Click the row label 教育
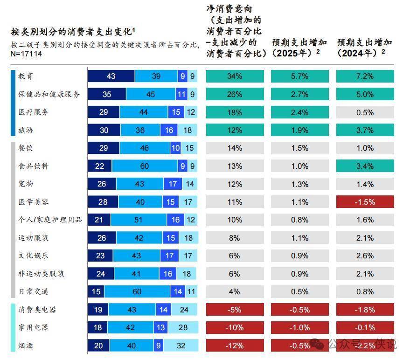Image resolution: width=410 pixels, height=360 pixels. point(26,76)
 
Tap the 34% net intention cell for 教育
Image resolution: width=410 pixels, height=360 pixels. point(235,76)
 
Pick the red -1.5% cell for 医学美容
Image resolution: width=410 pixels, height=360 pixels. point(365,202)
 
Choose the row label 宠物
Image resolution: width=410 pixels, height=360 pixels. point(26,184)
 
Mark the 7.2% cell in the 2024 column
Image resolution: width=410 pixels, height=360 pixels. point(365,76)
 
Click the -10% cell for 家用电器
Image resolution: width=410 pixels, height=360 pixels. point(235,327)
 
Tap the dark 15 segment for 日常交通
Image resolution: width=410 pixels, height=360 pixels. point(96,291)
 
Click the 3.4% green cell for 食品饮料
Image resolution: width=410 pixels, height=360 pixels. point(365,166)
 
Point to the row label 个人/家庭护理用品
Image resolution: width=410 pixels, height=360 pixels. point(50,220)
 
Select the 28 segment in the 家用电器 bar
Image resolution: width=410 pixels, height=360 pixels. point(183,327)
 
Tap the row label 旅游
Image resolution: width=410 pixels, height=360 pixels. point(26,130)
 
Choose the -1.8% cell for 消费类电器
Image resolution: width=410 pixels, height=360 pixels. point(365,310)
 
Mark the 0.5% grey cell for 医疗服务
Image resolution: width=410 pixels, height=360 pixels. point(365,112)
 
